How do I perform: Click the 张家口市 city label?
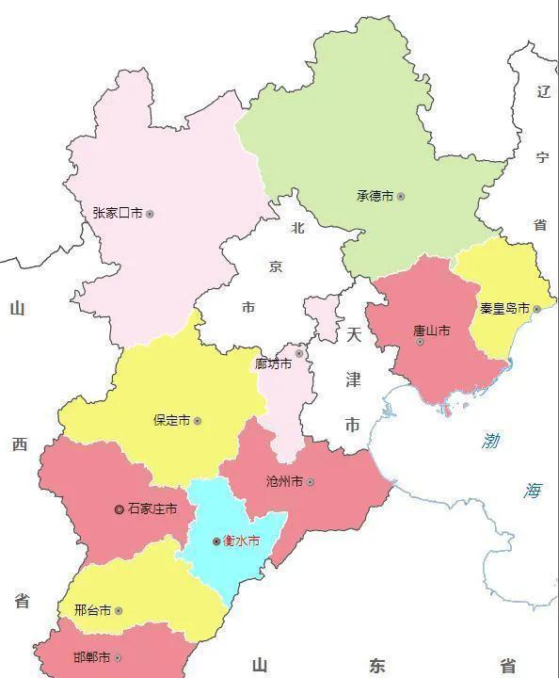[x=118, y=214]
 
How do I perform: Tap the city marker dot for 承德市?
[x=401, y=197]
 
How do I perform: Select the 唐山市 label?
[x=431, y=331]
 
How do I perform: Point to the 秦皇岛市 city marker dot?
[x=536, y=309]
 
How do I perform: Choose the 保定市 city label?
[x=171, y=420]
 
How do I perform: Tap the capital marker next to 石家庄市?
[x=119, y=509]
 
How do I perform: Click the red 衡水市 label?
[x=241, y=541]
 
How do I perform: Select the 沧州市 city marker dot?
[x=311, y=482]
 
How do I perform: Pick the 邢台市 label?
[x=92, y=610]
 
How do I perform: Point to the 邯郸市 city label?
[x=91, y=656]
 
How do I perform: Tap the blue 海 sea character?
[x=534, y=490]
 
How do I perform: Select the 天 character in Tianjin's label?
[x=353, y=334]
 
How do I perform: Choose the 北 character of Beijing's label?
[x=297, y=227]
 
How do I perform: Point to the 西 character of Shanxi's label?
[x=20, y=444]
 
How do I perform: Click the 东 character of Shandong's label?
[x=376, y=666]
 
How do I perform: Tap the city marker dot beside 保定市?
[x=198, y=421]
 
